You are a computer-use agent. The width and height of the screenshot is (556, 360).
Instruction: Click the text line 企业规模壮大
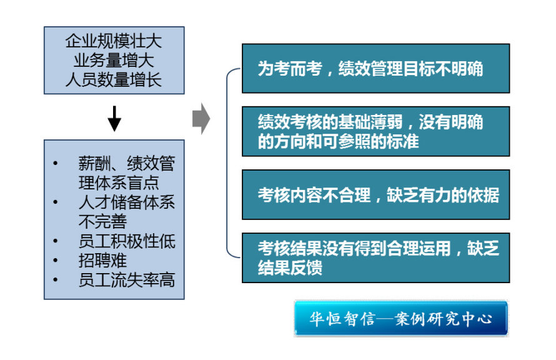tap(114, 42)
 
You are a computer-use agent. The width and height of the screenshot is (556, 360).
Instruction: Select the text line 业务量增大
tap(114, 61)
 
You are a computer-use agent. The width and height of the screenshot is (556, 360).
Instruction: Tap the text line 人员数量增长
tap(114, 80)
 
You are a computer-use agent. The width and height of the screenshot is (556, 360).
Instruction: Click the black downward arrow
tap(114, 118)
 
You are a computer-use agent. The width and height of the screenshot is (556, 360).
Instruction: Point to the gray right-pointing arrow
tap(201, 119)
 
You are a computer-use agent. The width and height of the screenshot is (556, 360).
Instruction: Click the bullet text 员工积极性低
tap(127, 241)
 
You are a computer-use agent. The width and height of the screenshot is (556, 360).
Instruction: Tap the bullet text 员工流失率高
tap(127, 279)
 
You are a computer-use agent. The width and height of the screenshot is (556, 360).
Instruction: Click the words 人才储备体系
tap(127, 202)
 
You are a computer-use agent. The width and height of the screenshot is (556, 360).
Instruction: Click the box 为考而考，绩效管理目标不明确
tap(375, 68)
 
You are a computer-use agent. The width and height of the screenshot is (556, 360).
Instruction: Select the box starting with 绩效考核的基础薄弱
tap(375, 131)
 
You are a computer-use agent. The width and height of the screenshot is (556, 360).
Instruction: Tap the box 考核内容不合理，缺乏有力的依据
tap(375, 194)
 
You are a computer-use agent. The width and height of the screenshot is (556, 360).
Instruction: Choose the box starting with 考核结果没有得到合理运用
tap(375, 257)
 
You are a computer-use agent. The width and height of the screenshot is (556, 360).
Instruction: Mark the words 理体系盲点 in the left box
tap(119, 182)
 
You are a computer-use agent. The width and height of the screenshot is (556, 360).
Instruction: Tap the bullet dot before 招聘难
tap(56, 260)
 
